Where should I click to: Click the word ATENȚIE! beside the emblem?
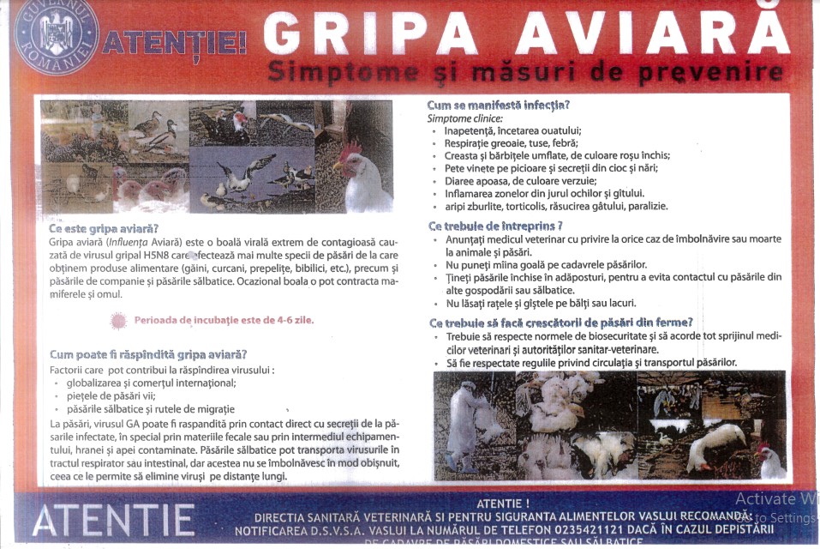[175, 41]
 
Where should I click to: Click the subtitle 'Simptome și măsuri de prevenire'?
[524, 71]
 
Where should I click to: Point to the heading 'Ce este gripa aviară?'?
[104, 228]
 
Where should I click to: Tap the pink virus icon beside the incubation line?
[118, 321]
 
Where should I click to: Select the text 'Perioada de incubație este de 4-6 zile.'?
[223, 320]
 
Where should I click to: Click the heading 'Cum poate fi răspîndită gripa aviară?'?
[148, 354]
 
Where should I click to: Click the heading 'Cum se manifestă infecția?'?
[498, 105]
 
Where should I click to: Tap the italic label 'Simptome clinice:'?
[465, 118]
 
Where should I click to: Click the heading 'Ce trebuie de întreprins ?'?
[495, 226]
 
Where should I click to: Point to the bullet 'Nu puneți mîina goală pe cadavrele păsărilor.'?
[547, 264]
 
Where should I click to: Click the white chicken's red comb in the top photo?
[348, 153]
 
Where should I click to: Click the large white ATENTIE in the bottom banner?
[113, 520]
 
